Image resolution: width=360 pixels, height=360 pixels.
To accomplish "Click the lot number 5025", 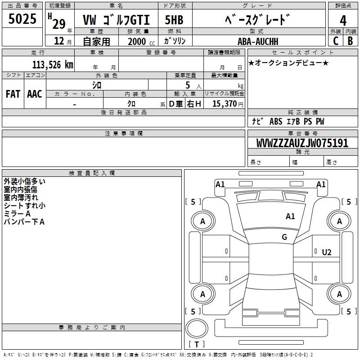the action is pos(22,19).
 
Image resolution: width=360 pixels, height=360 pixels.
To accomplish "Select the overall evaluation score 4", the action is pos(343,21).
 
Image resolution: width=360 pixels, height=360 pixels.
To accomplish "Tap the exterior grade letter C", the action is pos(336,41).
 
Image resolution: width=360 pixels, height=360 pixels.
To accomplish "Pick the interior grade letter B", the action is pos(350,41).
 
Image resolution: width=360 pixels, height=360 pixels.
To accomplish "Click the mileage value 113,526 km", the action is pos(53,65).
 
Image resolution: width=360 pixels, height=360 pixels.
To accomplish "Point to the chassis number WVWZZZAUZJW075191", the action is pos(302,143).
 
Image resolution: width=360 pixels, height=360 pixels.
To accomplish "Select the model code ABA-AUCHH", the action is pos(258,41).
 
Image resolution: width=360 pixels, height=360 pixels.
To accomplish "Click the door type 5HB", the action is pos(174,20).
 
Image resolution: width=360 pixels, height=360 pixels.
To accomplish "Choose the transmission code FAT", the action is pos(13,94).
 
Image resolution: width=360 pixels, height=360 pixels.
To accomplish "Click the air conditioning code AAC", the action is pos(35,94).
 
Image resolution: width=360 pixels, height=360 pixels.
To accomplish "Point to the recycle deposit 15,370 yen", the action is pos(228,104).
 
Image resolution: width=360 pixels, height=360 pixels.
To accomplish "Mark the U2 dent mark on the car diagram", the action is pos(327,252).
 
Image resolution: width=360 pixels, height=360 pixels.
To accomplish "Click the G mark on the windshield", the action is pos(284,237).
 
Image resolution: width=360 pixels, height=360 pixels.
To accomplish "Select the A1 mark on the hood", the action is pos(290,216).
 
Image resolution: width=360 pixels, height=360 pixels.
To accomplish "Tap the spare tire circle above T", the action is pos(197,328).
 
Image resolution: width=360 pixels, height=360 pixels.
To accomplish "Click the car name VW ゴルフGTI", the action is pos(116,20).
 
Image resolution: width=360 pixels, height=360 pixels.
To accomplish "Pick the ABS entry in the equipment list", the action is pos(276,121).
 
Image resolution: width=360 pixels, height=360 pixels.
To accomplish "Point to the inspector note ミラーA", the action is pos(17,214).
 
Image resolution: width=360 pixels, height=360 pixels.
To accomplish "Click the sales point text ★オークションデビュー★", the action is pos(288,63).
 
